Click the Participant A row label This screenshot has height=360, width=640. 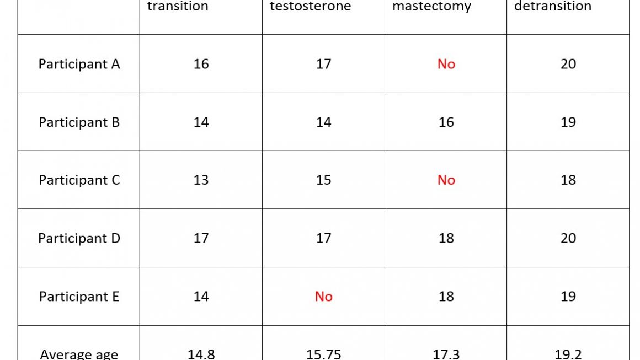click(79, 64)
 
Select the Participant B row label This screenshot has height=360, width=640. click(79, 122)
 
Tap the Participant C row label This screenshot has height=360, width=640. click(79, 180)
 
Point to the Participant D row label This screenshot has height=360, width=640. click(79, 238)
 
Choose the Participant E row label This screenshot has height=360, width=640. click(79, 297)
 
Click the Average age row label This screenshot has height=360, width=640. click(79, 353)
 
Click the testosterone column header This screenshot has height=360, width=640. click(310, 7)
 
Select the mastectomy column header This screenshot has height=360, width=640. click(431, 7)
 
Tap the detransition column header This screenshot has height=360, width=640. click(553, 7)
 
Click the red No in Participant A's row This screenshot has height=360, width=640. click(446, 64)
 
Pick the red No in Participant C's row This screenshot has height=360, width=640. click(446, 180)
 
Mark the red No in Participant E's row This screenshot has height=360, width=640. click(323, 297)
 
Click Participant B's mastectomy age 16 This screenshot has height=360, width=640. click(446, 122)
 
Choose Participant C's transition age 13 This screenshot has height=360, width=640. click(201, 180)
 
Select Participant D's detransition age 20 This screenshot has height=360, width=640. click(568, 238)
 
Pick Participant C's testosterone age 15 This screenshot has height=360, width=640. click(323, 180)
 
